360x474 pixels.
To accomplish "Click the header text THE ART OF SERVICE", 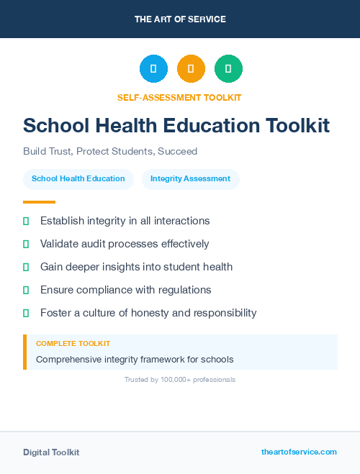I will pos(180,19).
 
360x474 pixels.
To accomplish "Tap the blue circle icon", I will pos(153,69).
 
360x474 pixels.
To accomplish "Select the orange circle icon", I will pos(191,69).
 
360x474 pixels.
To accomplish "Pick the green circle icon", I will pos(228,69).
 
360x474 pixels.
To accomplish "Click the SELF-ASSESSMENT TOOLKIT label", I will pos(179,97).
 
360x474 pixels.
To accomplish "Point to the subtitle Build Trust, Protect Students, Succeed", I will pos(110,152).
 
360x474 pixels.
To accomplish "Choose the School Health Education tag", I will pos(78,179).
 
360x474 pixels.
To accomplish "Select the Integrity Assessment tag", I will pos(190,179).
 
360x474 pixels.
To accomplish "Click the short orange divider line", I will pos(39,202).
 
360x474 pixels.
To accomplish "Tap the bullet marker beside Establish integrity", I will pos(26,221).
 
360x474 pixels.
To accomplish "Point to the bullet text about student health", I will pos(136,267).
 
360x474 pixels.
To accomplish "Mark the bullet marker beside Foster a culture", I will pos(26,313).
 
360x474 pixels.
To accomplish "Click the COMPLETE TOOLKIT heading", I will pos(73,344).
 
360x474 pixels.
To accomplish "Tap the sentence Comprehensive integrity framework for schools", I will pos(135,359).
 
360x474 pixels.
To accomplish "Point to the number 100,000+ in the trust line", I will pos(173,379).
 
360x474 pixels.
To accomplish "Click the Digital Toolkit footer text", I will pos(51,452).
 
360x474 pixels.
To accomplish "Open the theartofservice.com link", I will pos(299,452).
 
